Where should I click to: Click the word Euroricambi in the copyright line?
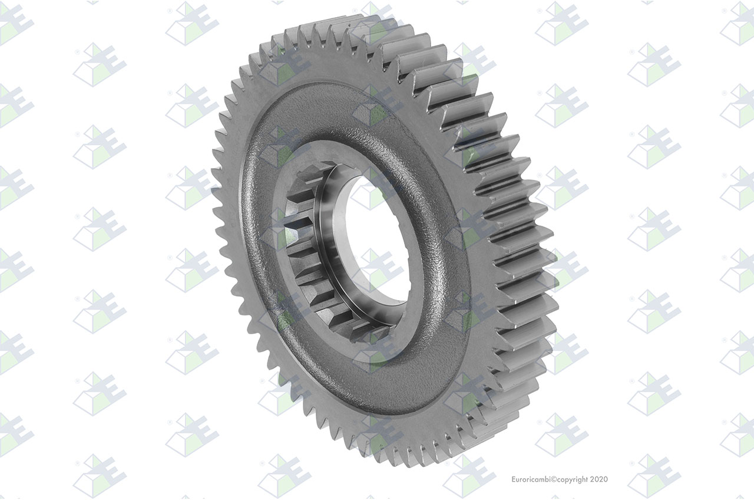(531, 479)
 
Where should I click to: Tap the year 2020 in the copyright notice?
(599, 479)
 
